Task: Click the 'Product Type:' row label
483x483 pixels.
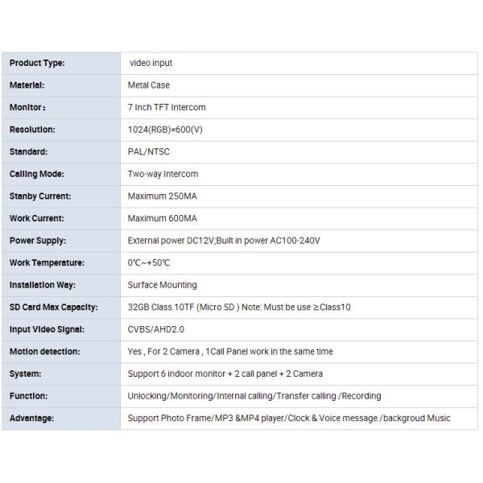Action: [x=37, y=63]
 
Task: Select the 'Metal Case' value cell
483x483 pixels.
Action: [x=149, y=85]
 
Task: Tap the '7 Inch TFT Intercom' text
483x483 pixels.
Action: [x=167, y=107]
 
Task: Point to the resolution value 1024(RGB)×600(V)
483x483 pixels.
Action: [x=165, y=130]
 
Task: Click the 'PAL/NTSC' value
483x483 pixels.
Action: [x=149, y=151]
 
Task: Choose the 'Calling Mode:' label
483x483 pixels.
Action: [x=36, y=174]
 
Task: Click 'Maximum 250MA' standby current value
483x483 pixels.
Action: [x=162, y=196]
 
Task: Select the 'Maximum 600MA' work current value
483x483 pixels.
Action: [x=162, y=218]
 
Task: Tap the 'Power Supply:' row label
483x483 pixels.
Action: [x=38, y=241]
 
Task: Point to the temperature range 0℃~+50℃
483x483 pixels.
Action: [x=149, y=263]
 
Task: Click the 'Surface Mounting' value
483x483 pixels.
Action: [x=162, y=285]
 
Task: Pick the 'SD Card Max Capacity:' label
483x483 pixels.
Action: [x=53, y=308]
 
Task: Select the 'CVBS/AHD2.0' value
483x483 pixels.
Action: [x=156, y=329]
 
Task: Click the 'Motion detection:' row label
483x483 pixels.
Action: [x=44, y=352]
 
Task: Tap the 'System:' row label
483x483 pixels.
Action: [x=25, y=374]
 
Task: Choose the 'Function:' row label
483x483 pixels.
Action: [x=29, y=396]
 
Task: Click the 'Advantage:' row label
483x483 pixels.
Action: [x=31, y=419]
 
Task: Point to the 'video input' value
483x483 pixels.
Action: [x=151, y=63]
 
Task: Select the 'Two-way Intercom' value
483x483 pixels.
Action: [x=163, y=174]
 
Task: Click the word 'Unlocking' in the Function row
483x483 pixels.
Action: [x=147, y=396]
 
